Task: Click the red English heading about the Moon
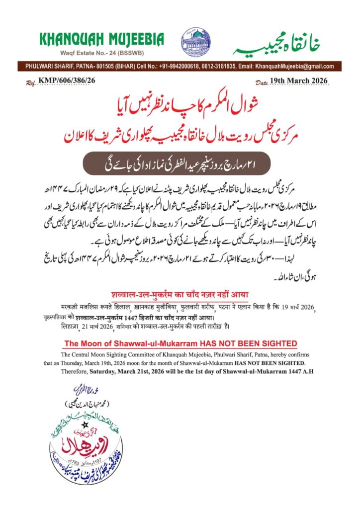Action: pos(180,343)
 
